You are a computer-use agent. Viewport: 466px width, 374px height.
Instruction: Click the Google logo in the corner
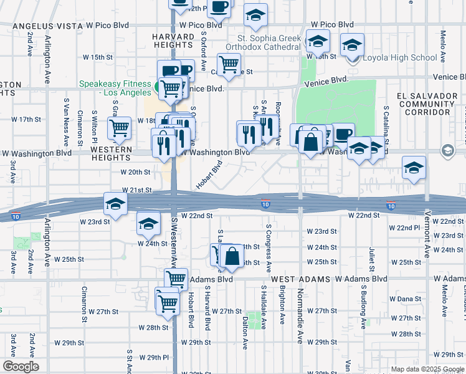pos(21,366)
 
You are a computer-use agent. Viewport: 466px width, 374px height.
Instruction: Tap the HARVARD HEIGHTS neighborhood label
pos(173,41)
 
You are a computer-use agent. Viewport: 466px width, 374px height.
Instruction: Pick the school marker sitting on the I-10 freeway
pos(115,204)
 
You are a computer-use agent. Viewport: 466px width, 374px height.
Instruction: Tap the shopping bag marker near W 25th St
pos(232,256)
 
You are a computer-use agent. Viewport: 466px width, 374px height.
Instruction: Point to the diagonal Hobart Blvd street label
pos(209,175)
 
